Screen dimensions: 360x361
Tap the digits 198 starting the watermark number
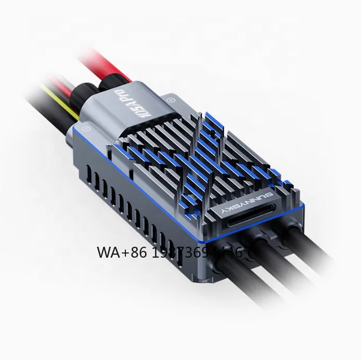pyautogui.click(x=160, y=253)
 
